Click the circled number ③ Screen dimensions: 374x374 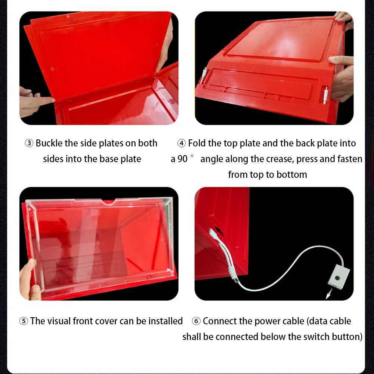click(29, 143)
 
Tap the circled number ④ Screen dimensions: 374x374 click(182, 143)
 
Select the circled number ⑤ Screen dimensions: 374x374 click(24, 321)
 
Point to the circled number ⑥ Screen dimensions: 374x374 click(197, 321)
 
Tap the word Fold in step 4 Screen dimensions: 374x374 click(196, 143)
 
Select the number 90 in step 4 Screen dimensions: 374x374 click(182, 159)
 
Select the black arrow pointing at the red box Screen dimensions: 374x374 click(220, 232)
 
